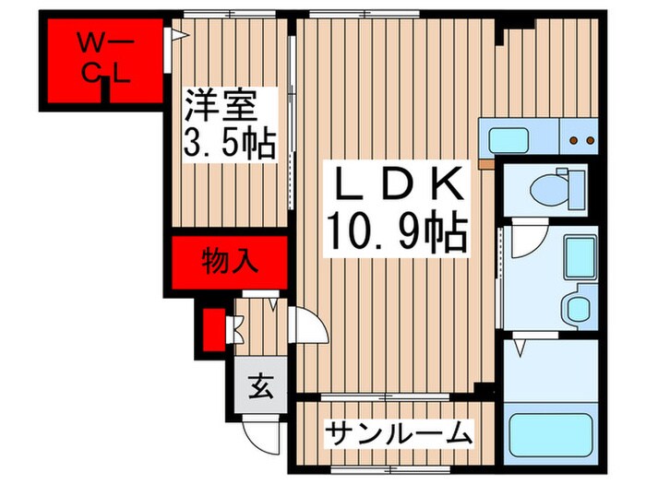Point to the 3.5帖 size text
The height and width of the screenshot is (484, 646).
228,143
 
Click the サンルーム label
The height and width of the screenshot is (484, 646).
400,432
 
